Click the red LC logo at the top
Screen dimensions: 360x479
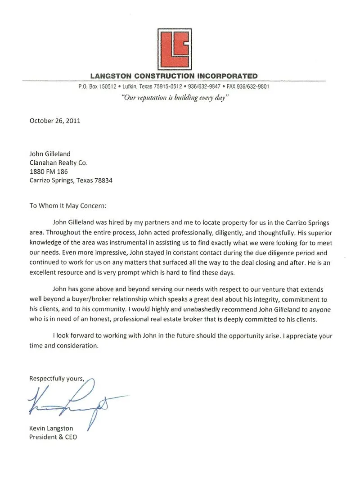(x=174, y=49)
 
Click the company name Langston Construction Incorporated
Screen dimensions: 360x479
(x=174, y=76)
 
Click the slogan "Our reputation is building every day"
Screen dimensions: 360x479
(x=175, y=98)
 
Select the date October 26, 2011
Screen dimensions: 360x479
(x=54, y=120)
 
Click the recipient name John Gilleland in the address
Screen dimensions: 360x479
(x=50, y=154)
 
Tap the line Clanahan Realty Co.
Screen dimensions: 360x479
(x=58, y=163)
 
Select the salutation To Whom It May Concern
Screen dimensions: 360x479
(x=68, y=206)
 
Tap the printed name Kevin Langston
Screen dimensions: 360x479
(x=51, y=428)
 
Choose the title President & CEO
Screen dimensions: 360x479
(x=53, y=437)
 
